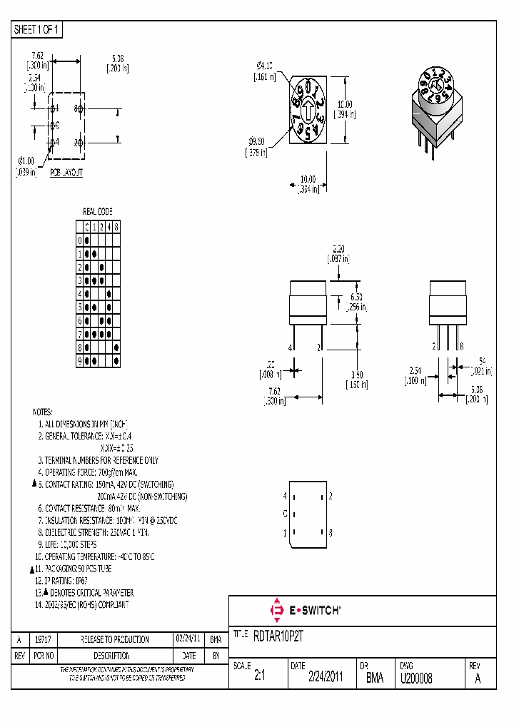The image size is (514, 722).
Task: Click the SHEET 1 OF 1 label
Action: click(x=37, y=29)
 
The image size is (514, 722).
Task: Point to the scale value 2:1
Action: click(x=260, y=678)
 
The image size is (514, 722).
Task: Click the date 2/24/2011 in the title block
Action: click(x=325, y=678)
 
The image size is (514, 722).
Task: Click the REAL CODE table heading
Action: click(x=98, y=212)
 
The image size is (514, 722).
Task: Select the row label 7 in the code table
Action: click(x=80, y=334)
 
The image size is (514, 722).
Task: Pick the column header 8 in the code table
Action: click(x=116, y=227)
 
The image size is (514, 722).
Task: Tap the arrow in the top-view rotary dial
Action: click(x=308, y=111)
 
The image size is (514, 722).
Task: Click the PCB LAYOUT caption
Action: click(x=66, y=173)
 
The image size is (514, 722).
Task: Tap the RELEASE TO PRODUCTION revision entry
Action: click(x=115, y=640)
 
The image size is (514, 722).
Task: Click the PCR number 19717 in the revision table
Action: click(x=46, y=640)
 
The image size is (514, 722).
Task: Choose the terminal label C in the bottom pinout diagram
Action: click(x=285, y=514)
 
